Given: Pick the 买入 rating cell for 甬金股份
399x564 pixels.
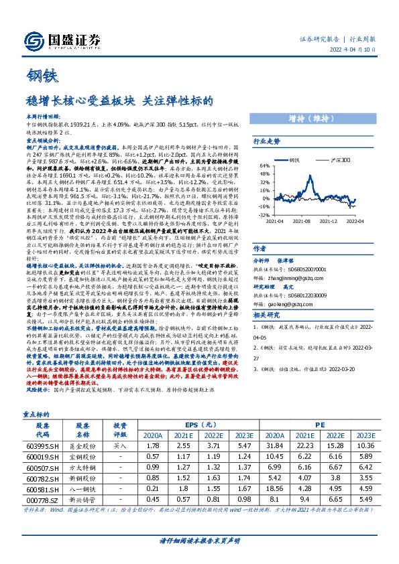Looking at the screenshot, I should click(120, 445).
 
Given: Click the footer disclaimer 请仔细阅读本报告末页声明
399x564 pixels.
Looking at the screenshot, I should click(199, 539).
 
